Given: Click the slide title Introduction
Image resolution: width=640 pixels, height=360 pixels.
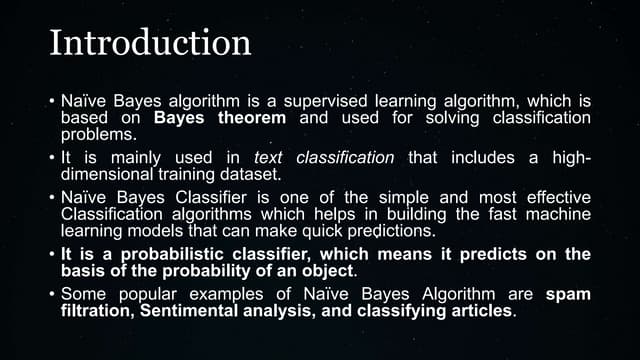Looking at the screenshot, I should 150,43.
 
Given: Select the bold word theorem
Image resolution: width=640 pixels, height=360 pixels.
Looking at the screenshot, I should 251,119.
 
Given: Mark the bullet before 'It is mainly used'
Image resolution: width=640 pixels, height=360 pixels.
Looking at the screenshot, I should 50,158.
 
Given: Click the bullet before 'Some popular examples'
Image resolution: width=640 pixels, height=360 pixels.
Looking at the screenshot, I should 50,295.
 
